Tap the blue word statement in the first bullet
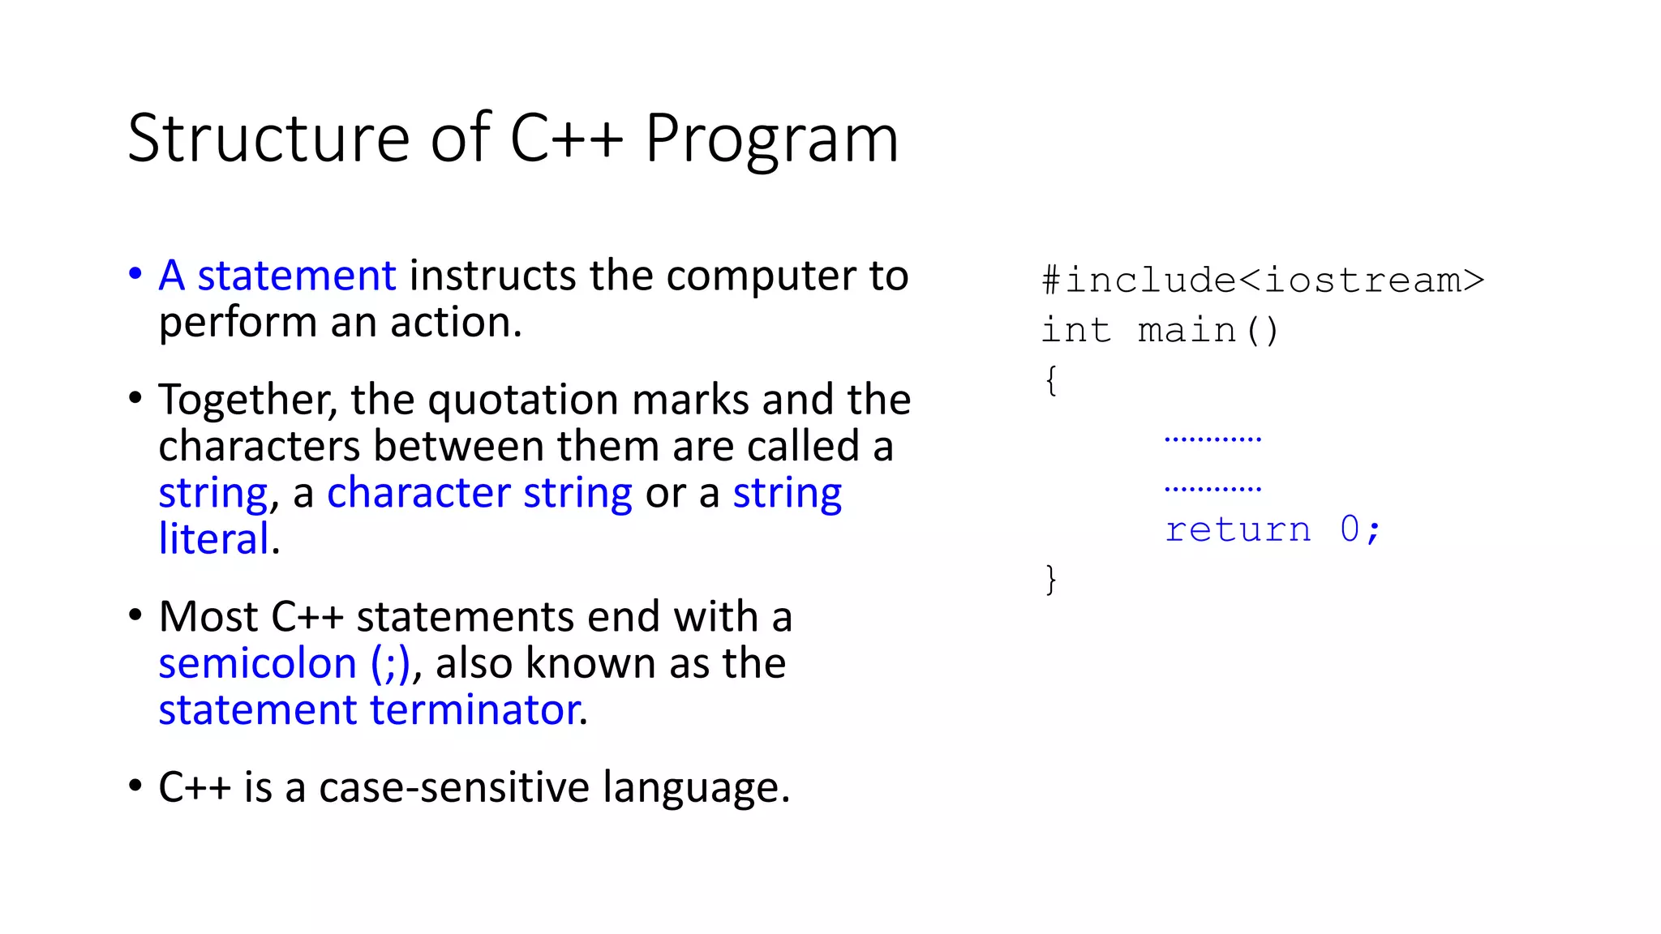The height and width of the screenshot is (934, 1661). [x=297, y=276]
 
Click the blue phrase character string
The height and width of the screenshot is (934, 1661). [x=479, y=493]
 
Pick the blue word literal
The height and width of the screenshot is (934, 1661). [x=214, y=539]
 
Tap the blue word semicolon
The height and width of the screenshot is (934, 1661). [x=257, y=664]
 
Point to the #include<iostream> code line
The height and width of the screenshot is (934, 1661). [x=1263, y=281]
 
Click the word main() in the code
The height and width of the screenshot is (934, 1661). [x=1208, y=331]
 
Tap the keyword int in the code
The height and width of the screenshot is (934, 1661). [x=1075, y=331]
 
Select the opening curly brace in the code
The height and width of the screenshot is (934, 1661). [x=1051, y=380]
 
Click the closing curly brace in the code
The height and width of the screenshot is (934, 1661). [x=1051, y=580]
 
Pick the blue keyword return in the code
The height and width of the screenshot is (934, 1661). [x=1238, y=530]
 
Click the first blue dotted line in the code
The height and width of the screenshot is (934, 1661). [x=1212, y=439]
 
